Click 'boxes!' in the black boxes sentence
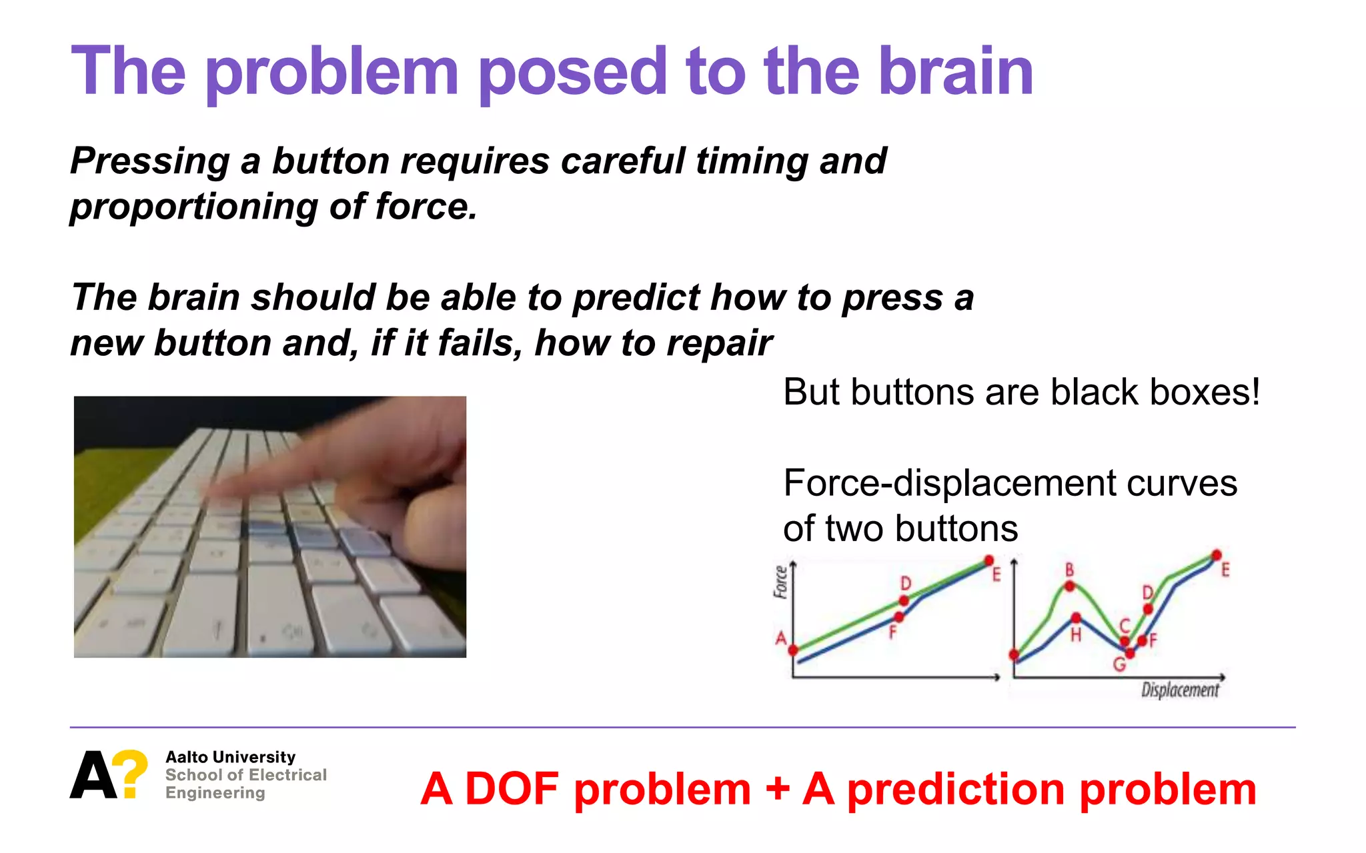(x=1205, y=392)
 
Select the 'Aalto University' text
(x=230, y=757)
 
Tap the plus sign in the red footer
(x=777, y=789)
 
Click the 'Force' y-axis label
(x=780, y=582)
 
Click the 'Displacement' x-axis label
(x=1179, y=690)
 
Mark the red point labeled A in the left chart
(x=793, y=650)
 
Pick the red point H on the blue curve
(x=1076, y=618)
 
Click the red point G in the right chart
(x=1130, y=653)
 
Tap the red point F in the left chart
(x=899, y=617)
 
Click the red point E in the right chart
(x=1217, y=555)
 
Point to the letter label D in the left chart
(x=906, y=583)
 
